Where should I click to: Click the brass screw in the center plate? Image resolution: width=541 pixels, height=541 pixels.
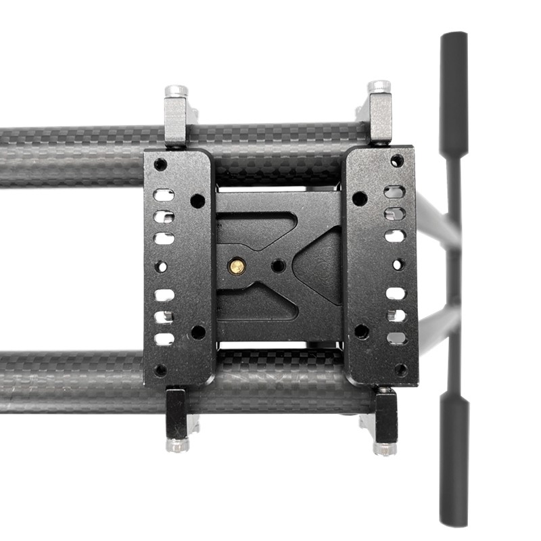[x=237, y=266]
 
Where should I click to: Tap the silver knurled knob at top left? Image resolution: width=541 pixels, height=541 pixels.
[x=177, y=91]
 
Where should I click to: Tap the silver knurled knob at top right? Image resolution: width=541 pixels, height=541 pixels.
[x=379, y=87]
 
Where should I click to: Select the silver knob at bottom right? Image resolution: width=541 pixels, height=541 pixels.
[x=384, y=448]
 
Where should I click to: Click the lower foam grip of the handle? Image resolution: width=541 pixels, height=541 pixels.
[x=454, y=460]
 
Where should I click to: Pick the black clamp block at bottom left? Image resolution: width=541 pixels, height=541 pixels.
[x=177, y=412]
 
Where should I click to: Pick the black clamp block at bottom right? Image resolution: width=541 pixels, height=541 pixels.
[x=386, y=415]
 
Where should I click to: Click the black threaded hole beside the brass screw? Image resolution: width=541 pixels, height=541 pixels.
[x=277, y=266]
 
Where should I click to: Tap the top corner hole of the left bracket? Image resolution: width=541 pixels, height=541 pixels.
[x=160, y=164]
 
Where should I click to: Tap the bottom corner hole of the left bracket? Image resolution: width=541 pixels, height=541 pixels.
[x=160, y=370]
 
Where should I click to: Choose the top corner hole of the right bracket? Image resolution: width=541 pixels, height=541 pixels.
[x=397, y=161]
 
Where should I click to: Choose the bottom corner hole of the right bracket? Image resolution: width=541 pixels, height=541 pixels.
[x=400, y=370]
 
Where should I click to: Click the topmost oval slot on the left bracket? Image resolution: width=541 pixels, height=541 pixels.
[x=164, y=195]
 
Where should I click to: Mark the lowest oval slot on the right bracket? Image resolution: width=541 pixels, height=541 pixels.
[x=397, y=337]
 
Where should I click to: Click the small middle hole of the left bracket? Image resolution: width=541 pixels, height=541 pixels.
[x=162, y=266]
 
